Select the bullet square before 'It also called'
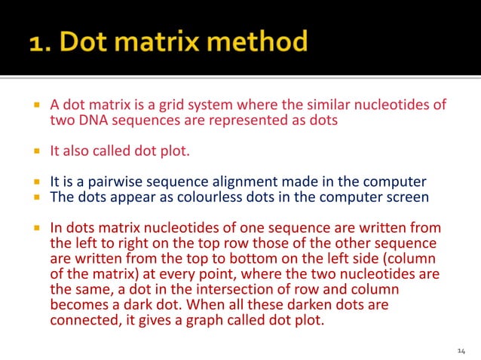(x=35, y=150)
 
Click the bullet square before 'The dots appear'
(x=35, y=197)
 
